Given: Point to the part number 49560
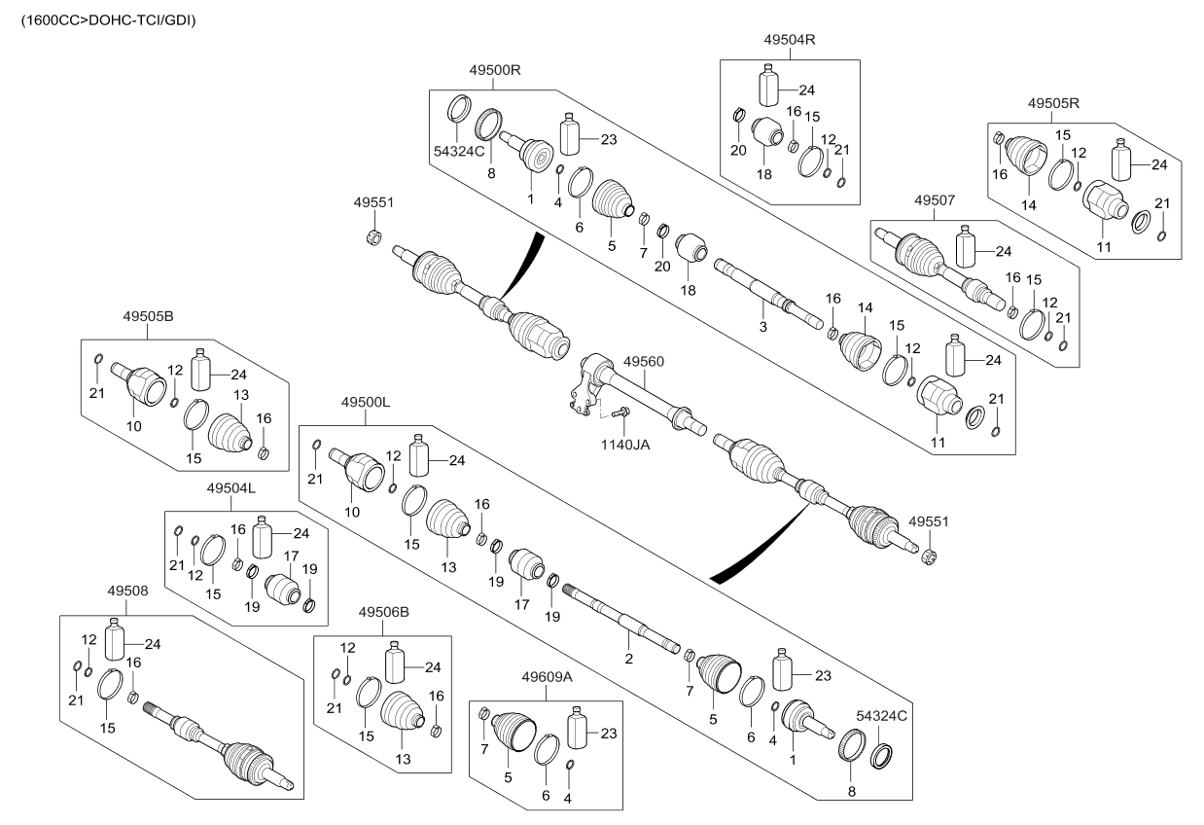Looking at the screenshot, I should (x=643, y=361).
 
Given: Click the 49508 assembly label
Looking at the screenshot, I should (x=120, y=591).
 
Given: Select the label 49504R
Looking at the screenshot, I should (x=790, y=40).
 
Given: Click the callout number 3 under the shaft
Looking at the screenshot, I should (x=763, y=327).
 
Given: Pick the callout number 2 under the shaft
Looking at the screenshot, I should (x=628, y=660).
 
